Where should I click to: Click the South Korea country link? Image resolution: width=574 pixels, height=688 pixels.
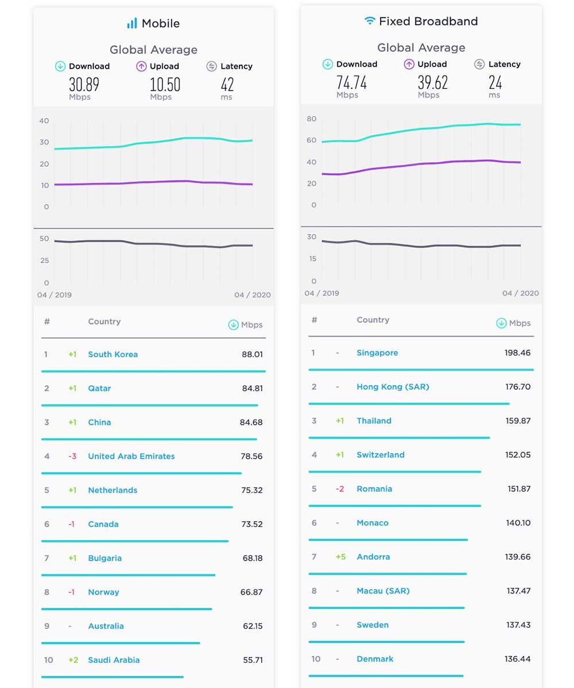(113, 354)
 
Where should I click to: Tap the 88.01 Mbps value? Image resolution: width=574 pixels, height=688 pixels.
(252, 354)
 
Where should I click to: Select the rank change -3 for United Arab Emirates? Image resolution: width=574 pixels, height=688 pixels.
(72, 456)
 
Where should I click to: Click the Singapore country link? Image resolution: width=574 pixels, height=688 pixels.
(377, 353)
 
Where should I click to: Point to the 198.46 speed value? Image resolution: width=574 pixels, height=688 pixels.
(518, 353)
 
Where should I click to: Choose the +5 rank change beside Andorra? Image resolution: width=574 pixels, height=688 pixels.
(341, 557)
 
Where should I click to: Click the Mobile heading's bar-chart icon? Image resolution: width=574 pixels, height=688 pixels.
(132, 24)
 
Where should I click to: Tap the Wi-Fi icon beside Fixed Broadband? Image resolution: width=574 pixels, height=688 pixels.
(370, 21)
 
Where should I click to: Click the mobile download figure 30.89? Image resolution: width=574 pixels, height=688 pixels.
(84, 85)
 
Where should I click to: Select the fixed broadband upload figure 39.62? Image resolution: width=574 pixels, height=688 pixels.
(432, 83)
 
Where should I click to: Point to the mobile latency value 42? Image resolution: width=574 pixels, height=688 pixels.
(227, 85)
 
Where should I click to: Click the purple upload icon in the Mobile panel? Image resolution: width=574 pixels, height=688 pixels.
(141, 67)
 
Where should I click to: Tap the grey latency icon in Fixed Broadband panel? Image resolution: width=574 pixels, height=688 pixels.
(479, 64)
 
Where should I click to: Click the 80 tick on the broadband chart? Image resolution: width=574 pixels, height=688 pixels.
(311, 119)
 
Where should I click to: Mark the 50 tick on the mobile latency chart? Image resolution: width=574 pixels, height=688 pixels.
(44, 239)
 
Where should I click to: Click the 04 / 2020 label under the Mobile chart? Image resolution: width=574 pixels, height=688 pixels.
(252, 295)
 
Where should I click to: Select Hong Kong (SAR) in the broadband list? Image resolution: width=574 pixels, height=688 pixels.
(393, 386)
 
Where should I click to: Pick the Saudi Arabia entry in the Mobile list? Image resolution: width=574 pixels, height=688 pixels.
(114, 660)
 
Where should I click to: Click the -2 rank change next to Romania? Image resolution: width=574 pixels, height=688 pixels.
(340, 489)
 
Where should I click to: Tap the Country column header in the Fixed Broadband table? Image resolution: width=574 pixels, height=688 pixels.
(373, 320)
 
